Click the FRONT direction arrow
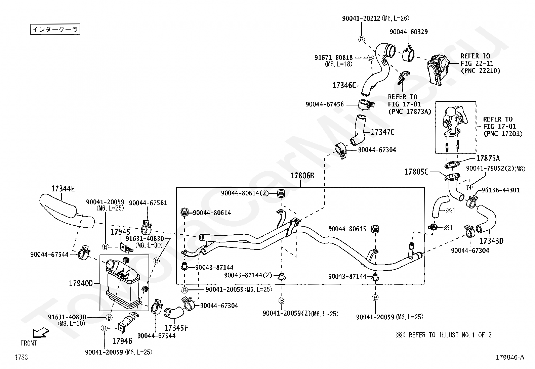[41, 332]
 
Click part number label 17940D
[81, 283]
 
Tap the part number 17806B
[302, 176]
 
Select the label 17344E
[63, 189]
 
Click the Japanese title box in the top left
[55, 29]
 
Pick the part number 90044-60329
[409, 32]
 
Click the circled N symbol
[469, 187]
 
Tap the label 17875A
[488, 158]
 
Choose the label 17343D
[491, 241]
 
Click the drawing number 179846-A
[510, 357]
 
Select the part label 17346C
[344, 85]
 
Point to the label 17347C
[383, 132]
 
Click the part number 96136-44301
[501, 190]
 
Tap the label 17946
[122, 341]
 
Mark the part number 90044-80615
[347, 229]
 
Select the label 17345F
[176, 328]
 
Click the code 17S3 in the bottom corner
[21, 357]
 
